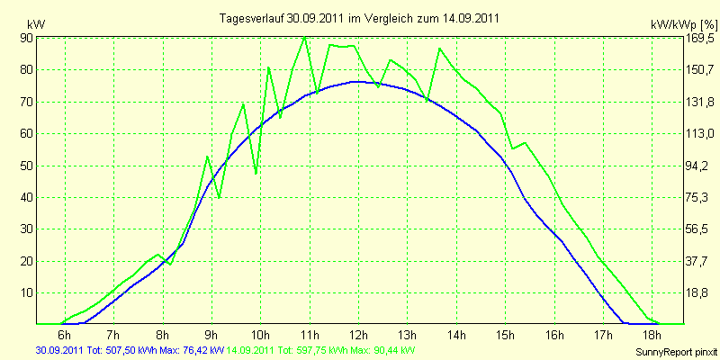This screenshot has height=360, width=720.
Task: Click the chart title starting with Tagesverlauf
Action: (x=359, y=19)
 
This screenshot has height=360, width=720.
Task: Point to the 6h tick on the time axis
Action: (x=65, y=334)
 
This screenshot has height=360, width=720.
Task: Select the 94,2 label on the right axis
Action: (x=699, y=166)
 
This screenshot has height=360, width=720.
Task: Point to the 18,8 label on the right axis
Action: (x=699, y=293)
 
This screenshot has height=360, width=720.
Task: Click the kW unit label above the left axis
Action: (x=36, y=24)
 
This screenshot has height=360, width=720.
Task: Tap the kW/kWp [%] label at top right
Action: (x=683, y=24)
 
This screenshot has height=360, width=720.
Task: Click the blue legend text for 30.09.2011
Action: (x=130, y=349)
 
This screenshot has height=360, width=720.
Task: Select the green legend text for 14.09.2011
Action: (x=317, y=349)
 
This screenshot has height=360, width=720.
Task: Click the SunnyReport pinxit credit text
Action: (x=676, y=352)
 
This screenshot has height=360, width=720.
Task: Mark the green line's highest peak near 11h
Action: (x=305, y=37)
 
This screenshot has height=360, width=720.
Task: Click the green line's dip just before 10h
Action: (x=256, y=174)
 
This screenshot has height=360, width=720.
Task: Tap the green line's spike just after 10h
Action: (x=268, y=68)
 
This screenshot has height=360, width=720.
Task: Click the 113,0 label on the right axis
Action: (x=699, y=134)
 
